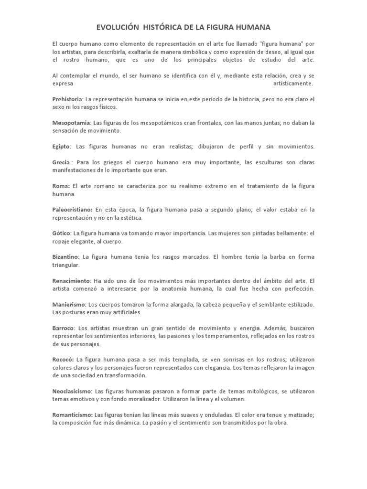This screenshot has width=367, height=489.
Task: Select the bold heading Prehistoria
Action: (x=68, y=99)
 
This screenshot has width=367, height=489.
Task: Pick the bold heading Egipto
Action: (x=62, y=146)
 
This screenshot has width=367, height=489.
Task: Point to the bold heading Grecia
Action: (x=61, y=162)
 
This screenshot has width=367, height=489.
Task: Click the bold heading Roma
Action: (x=61, y=185)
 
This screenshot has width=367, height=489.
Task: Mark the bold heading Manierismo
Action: (x=69, y=304)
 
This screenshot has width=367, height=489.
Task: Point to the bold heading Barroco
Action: (x=64, y=328)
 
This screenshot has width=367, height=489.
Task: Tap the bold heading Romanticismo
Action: (x=73, y=415)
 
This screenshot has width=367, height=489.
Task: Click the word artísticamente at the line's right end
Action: (x=293, y=84)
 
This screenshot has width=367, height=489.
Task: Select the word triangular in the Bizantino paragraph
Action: (x=66, y=265)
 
